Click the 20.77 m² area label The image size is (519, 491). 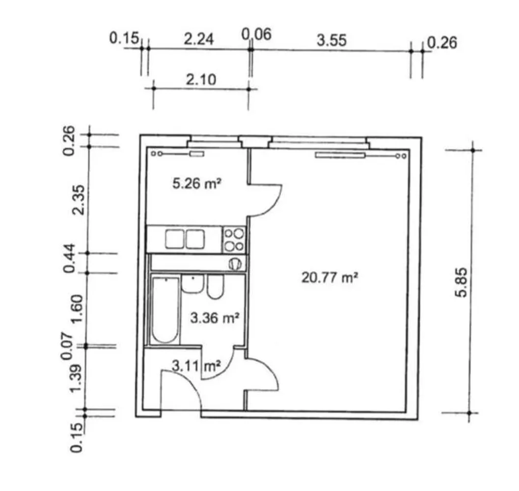tap(329, 277)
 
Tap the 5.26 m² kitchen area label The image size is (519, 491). tap(197, 183)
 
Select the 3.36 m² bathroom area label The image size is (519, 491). tap(215, 318)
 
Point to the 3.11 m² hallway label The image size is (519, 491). tap(196, 366)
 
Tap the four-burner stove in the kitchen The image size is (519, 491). tap(234, 240)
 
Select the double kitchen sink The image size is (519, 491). tap(185, 240)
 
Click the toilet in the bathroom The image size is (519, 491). tap(215, 286)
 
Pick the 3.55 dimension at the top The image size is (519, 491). tap(331, 40)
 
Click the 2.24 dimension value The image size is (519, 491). tap(199, 39)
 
